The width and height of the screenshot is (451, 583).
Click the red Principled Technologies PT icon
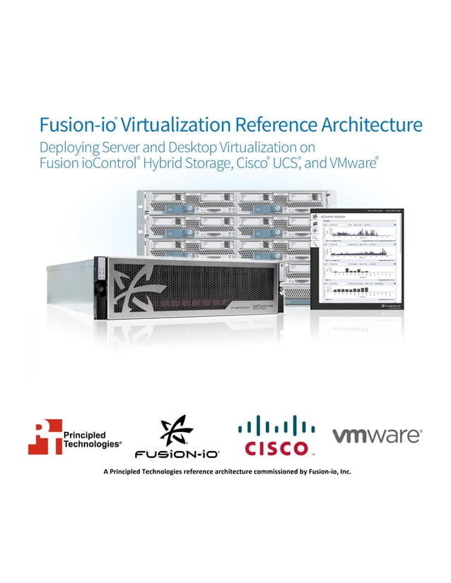coord(45,435)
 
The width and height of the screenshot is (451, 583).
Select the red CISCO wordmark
coord(276,448)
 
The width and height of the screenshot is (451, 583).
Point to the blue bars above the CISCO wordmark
coord(276,426)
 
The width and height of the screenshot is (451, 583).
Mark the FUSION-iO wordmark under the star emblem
coord(177,452)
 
